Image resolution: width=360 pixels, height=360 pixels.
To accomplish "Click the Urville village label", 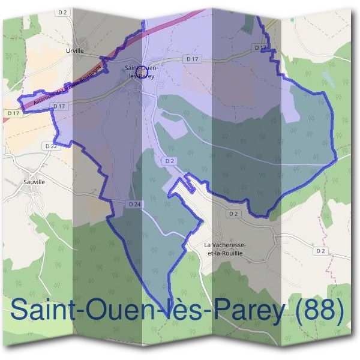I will (x=75, y=51).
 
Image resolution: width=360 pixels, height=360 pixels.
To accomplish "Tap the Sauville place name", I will (x=35, y=181).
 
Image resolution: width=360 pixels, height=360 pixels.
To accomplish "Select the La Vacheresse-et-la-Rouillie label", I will (x=225, y=249).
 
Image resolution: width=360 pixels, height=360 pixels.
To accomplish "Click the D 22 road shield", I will (x=51, y=146).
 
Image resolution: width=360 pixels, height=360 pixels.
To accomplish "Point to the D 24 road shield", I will (x=134, y=205).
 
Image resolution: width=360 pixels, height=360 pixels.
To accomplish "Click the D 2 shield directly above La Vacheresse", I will (x=233, y=214).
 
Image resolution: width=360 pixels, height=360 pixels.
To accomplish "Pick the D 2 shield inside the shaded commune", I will (x=169, y=161).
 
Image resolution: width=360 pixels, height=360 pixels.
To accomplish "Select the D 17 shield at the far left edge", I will (x=13, y=113).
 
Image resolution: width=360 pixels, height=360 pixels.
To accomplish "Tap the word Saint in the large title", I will (x=47, y=311).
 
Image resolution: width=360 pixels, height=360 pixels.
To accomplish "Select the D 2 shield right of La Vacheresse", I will (x=320, y=251).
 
